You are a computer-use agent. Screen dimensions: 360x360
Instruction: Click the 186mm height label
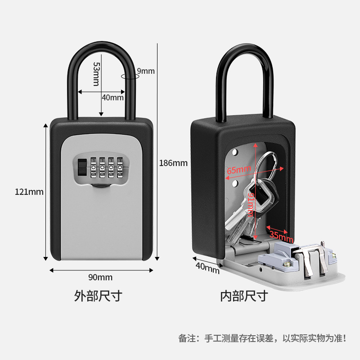tap(173, 163)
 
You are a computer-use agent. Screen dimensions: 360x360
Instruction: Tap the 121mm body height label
tap(29, 192)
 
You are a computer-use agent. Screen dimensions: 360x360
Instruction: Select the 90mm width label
tap(100, 277)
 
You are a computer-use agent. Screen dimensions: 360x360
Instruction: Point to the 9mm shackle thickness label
tap(145, 71)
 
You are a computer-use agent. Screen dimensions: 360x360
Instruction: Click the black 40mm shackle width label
tap(112, 97)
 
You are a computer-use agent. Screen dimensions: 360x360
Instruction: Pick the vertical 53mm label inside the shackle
tap(96, 74)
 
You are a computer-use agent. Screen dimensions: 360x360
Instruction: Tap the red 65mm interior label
tap(239, 171)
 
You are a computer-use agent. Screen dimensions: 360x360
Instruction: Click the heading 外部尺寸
tap(98, 296)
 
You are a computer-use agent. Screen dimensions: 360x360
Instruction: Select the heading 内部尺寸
tap(244, 296)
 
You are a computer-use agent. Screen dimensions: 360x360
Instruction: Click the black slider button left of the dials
tap(81, 168)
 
